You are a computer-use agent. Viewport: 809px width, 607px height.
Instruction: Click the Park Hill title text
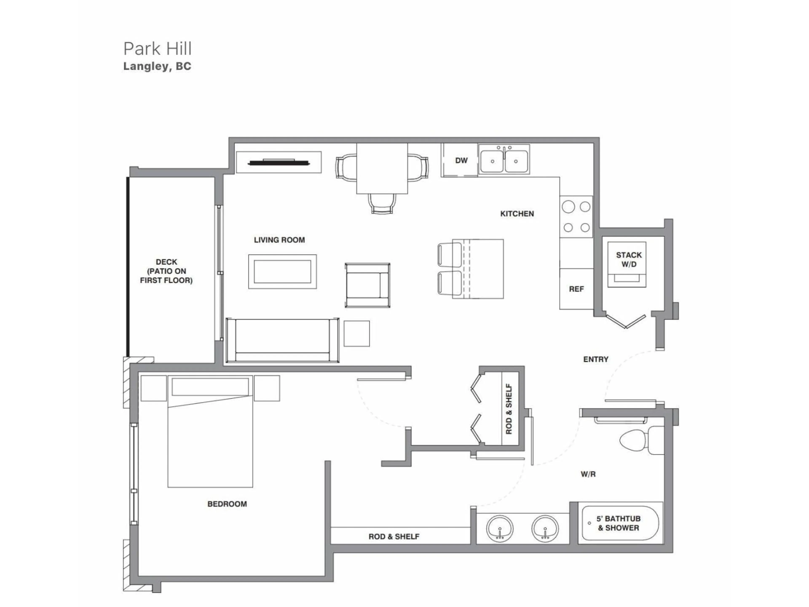pyautogui.click(x=157, y=49)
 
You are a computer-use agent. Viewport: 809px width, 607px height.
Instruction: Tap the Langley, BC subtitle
pyautogui.click(x=157, y=66)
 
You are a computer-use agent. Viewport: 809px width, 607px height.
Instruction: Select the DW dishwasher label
pyautogui.click(x=461, y=160)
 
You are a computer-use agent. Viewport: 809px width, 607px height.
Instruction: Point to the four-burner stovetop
pyautogui.click(x=576, y=217)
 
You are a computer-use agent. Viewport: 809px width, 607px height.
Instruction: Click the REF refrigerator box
pyautogui.click(x=576, y=289)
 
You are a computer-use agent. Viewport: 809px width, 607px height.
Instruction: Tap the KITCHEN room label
pyautogui.click(x=517, y=214)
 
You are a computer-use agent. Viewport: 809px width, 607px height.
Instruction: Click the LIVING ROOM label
pyautogui.click(x=279, y=240)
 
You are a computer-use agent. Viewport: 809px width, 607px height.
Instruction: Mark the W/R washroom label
pyautogui.click(x=588, y=474)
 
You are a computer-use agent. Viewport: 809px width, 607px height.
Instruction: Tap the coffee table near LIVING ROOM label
pyautogui.click(x=282, y=271)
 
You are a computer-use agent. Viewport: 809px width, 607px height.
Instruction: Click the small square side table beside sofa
pyautogui.click(x=357, y=333)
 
